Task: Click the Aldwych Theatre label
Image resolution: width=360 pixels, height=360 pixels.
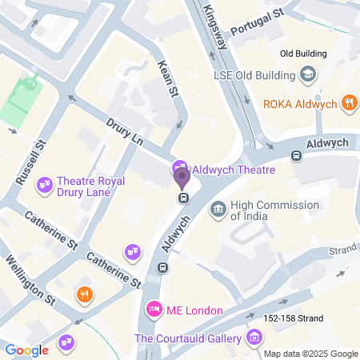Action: [x=234, y=170]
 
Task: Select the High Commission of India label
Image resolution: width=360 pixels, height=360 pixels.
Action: [x=274, y=210]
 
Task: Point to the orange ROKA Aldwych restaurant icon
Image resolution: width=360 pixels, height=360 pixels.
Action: [x=348, y=102]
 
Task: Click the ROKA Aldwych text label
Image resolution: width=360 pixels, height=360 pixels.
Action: [x=302, y=103]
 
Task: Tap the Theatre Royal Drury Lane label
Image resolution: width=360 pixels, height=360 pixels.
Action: [x=94, y=187]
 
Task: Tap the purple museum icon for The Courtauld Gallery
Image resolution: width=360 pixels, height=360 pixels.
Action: [x=254, y=337]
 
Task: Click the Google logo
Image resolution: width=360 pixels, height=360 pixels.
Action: [x=26, y=350]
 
